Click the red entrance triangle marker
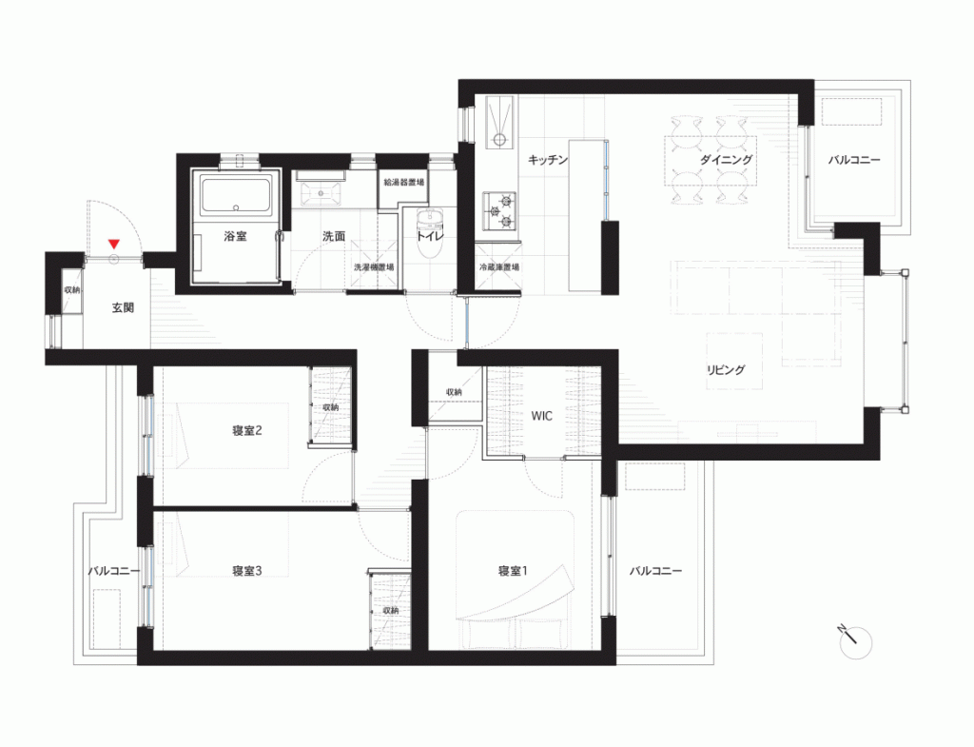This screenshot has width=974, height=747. [x=114, y=245]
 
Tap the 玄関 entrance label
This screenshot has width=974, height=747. [x=123, y=307]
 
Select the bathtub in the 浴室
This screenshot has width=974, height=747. [x=236, y=194]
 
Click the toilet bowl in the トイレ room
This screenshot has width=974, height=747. [x=429, y=234]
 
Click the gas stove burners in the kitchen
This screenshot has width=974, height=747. [x=499, y=210]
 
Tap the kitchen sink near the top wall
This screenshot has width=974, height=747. [x=499, y=122]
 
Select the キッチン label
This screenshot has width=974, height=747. [x=547, y=160]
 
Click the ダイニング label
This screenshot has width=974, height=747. [x=726, y=159]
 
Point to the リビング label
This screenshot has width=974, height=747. [x=726, y=369]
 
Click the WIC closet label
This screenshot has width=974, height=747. [x=541, y=416]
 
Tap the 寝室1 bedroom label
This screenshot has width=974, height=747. [x=513, y=571]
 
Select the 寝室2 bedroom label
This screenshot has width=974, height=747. [x=246, y=430]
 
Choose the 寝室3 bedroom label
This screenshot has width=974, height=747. [x=246, y=571]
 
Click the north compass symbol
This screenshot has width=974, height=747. [x=854, y=641]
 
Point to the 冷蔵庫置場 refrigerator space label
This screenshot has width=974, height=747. [x=498, y=267]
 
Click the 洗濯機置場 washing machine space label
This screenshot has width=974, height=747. [x=373, y=267]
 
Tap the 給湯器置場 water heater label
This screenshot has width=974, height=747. [x=403, y=182]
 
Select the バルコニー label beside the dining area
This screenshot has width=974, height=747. [x=854, y=160]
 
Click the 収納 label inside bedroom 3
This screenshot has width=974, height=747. [x=391, y=610]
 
